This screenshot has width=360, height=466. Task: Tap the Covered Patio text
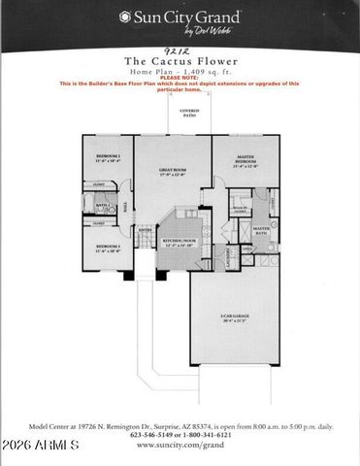coord(188,115)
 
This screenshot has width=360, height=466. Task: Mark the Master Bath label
coord(261,230)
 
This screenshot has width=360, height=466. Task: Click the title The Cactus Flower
coord(179,60)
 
